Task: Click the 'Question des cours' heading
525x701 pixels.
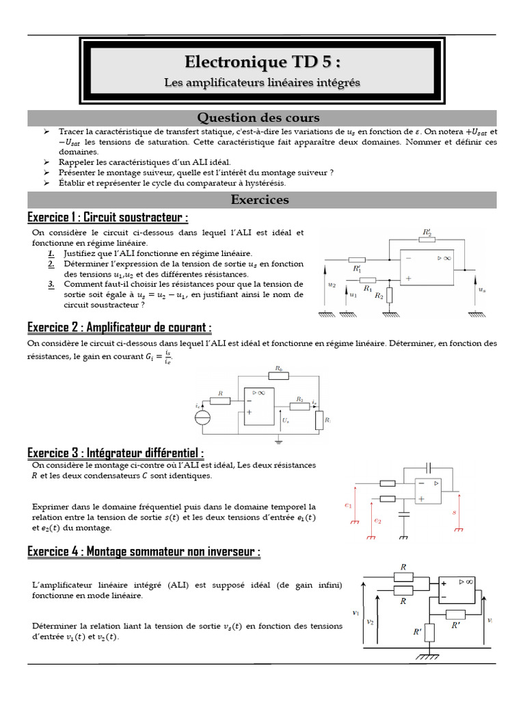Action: (258, 118)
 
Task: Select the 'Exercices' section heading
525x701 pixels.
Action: (260, 200)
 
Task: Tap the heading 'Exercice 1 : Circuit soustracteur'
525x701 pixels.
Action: (108, 218)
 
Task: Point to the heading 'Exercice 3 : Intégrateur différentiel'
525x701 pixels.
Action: (116, 453)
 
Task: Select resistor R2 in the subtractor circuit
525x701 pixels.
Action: (389, 294)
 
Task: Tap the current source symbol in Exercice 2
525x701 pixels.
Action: (203, 418)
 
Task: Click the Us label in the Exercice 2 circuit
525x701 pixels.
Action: (286, 422)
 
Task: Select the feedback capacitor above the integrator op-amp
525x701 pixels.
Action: (429, 468)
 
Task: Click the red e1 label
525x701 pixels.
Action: (349, 506)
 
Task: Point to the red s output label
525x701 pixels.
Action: (454, 511)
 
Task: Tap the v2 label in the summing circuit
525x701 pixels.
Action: (370, 622)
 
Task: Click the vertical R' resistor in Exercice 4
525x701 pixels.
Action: (430, 633)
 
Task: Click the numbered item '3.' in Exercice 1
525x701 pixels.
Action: (51, 283)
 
